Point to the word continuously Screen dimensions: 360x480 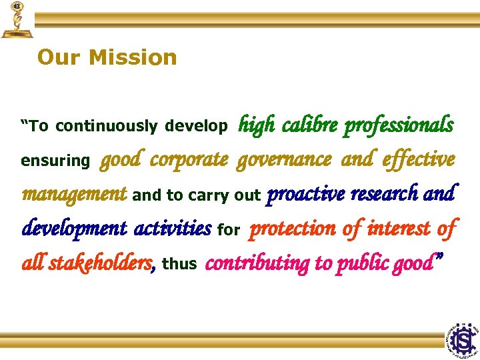click(107, 126)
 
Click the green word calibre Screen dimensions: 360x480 click(310, 125)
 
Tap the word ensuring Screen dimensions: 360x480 click(55, 161)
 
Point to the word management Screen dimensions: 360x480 click(74, 194)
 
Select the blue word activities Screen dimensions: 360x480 click(173, 229)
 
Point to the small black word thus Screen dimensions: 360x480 click(179, 264)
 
